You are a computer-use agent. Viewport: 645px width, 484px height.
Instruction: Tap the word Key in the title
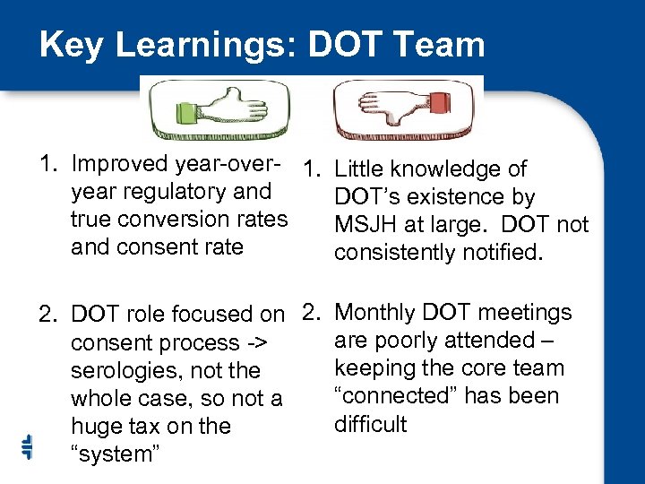pyautogui.click(x=69, y=45)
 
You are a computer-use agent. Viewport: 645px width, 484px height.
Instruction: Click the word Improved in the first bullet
pyautogui.click(x=119, y=164)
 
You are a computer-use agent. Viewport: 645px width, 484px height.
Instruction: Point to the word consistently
pyautogui.click(x=395, y=253)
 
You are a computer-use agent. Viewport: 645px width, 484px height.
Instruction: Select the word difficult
pyautogui.click(x=370, y=424)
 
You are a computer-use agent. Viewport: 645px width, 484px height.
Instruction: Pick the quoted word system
pyautogui.click(x=116, y=454)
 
